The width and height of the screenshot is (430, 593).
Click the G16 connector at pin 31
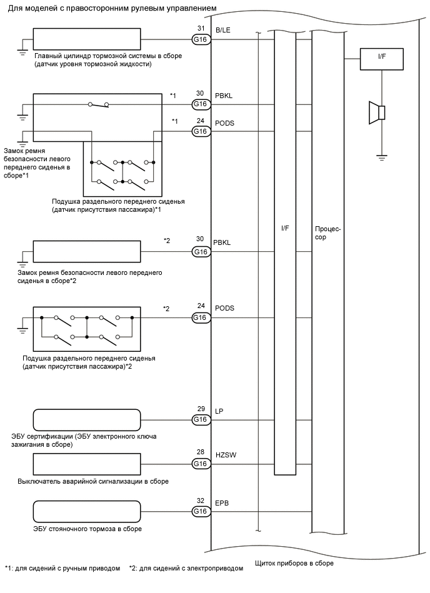coord(200,39)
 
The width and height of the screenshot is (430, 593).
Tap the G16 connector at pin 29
coord(200,419)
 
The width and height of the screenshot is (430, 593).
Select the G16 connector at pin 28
coord(200,464)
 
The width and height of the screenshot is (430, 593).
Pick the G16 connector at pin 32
coord(200,511)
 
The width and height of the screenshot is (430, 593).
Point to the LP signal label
coord(219,411)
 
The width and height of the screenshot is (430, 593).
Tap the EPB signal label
coord(221,502)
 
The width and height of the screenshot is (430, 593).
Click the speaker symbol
coord(377,112)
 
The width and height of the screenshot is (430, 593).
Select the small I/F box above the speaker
coord(382,60)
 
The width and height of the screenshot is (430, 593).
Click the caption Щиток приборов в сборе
coord(294,563)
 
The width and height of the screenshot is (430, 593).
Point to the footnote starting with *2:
coord(186,568)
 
